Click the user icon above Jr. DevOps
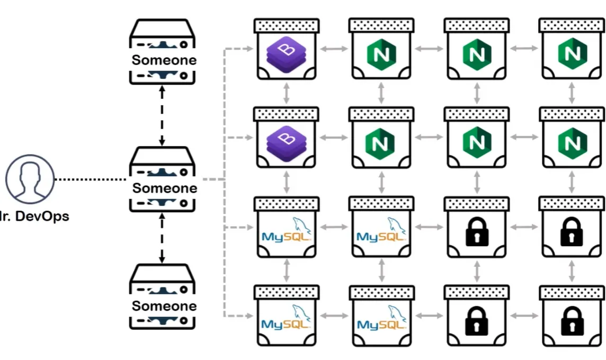[30, 179]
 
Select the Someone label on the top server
[164, 60]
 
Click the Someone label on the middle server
[164, 188]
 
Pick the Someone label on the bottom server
[164, 306]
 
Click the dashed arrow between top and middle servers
[163, 115]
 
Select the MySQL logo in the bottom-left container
[286, 320]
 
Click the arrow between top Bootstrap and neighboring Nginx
[334, 49]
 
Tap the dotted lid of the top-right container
[571, 25]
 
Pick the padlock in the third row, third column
[477, 231]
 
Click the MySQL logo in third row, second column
[381, 231]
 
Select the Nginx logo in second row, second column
[381, 142]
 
